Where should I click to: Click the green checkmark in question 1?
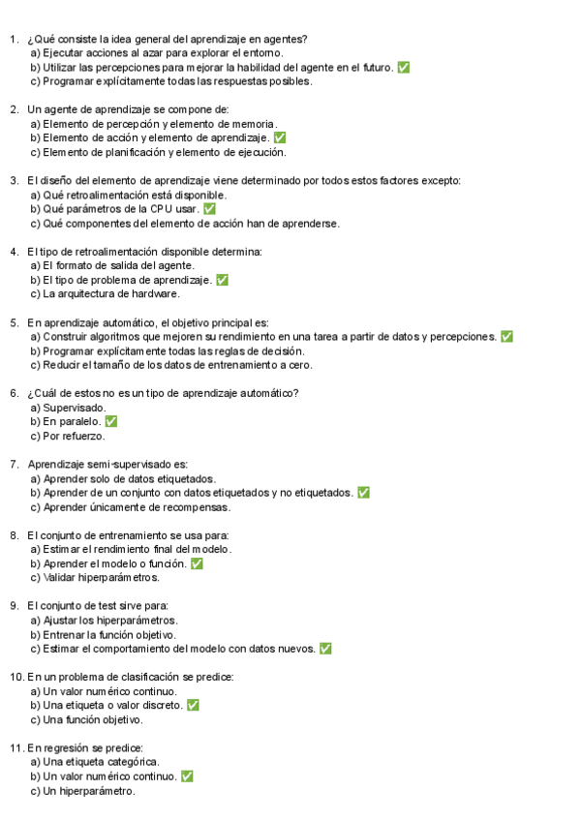pyautogui.click(x=403, y=68)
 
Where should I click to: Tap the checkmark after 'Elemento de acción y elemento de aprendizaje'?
pyautogui.click(x=280, y=138)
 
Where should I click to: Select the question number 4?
pyautogui.click(x=14, y=252)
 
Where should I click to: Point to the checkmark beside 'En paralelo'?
pyautogui.click(x=111, y=422)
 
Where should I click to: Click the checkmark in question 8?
pyautogui.click(x=197, y=563)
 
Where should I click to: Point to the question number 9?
pyautogui.click(x=14, y=606)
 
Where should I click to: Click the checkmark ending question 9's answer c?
pyautogui.click(x=325, y=649)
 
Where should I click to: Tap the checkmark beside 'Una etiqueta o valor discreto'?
pyautogui.click(x=193, y=706)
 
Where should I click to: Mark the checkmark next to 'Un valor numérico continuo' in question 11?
pyautogui.click(x=187, y=776)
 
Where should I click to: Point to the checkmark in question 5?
pyautogui.click(x=506, y=337)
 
